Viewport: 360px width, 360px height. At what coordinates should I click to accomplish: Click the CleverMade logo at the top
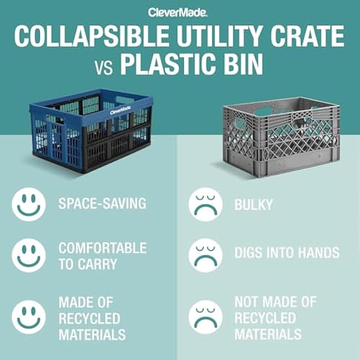click(180, 12)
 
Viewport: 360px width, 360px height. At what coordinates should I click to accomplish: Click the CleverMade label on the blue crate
click(121, 111)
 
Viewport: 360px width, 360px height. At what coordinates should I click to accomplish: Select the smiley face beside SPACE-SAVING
click(29, 204)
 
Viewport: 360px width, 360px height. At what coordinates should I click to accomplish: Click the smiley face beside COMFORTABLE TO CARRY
click(29, 255)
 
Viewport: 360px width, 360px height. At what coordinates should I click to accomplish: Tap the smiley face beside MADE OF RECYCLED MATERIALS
click(29, 317)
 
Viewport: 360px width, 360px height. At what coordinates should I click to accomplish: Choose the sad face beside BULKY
click(205, 204)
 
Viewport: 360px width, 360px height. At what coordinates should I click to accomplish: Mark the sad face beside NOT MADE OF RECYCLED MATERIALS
click(205, 317)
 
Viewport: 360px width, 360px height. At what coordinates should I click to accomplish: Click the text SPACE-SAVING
click(102, 204)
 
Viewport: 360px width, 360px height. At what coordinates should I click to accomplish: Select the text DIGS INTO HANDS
click(287, 253)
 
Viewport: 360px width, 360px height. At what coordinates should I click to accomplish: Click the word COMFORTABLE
click(102, 248)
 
